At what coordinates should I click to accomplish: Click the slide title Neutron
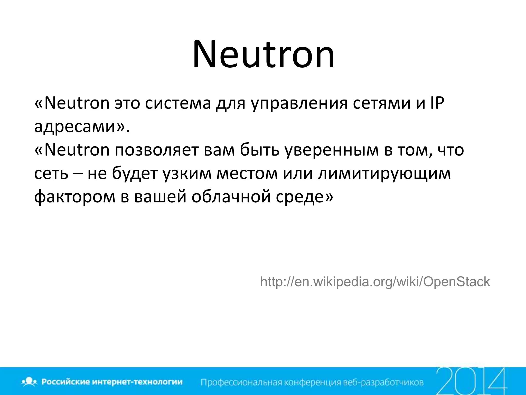click(x=264, y=55)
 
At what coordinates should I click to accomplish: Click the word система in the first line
click(x=178, y=103)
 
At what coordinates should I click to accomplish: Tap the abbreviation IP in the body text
click(x=436, y=103)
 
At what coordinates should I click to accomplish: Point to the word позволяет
click(x=156, y=150)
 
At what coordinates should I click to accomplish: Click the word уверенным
click(x=332, y=150)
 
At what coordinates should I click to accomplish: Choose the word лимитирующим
click(x=384, y=174)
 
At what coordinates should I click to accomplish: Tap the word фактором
click(x=75, y=197)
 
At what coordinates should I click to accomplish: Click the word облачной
click(x=231, y=197)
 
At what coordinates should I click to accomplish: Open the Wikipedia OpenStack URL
click(x=375, y=282)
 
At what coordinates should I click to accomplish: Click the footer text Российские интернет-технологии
click(x=112, y=382)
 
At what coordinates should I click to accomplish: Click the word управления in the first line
click(x=299, y=103)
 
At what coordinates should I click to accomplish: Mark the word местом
click(x=247, y=174)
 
